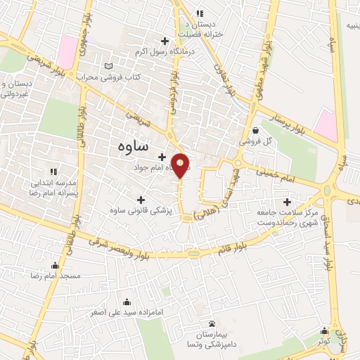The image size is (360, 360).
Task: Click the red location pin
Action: tap(181, 165)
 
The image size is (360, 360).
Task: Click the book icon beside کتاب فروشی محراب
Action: tap(108, 66)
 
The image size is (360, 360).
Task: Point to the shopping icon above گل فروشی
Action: tap(255, 130)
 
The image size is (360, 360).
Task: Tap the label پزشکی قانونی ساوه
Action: tap(141, 210)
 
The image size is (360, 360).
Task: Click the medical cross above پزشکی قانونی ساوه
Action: tap(141, 200)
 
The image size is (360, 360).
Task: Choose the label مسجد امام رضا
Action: tap(56, 276)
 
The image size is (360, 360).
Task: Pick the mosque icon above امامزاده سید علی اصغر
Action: tap(127, 302)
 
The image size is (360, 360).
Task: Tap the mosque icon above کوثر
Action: tap(324, 330)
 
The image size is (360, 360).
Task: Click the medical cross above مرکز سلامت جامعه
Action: tap(287, 202)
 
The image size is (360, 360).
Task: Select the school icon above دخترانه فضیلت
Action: tap(200, 13)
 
